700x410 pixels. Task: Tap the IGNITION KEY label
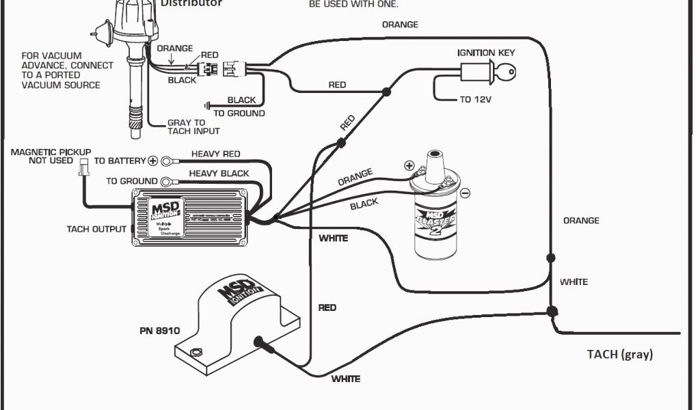click(486, 53)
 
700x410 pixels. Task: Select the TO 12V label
click(475, 100)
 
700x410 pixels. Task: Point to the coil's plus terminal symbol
click(409, 165)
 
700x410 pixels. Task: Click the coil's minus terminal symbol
click(465, 193)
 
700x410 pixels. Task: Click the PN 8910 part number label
click(159, 331)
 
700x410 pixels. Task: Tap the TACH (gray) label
click(620, 354)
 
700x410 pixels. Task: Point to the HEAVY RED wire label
click(215, 154)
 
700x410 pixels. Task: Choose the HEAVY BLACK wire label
click(219, 174)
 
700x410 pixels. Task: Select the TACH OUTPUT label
click(96, 229)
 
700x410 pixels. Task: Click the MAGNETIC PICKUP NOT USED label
click(51, 156)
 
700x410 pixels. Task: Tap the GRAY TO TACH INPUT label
click(193, 127)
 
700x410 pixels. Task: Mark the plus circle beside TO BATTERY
click(152, 161)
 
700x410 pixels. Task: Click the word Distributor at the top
click(191, 3)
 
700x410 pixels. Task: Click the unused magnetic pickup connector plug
click(83, 166)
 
